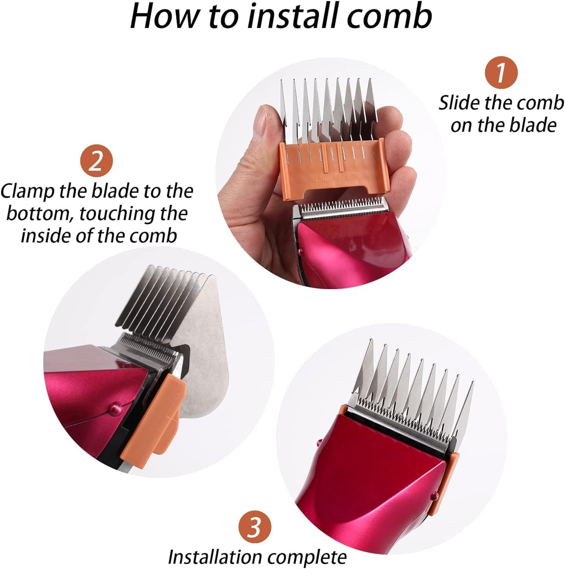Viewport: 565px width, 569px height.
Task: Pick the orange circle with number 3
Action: coord(255,528)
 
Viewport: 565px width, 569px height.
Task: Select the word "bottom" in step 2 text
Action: coord(37,214)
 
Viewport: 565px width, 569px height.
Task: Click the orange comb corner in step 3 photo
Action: coord(450,460)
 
